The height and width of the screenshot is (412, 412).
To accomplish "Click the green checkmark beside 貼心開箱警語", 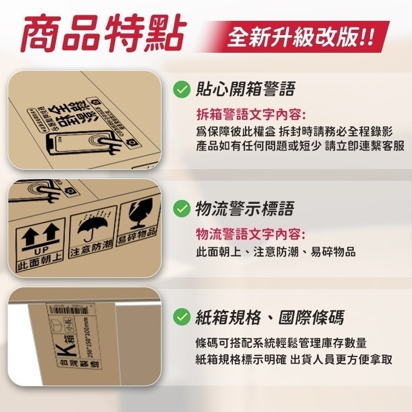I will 181,89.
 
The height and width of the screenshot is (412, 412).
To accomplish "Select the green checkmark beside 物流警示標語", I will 181,209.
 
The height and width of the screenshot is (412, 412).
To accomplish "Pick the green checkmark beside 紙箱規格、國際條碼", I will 181,318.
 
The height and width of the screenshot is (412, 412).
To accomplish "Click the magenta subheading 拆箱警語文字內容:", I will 251,115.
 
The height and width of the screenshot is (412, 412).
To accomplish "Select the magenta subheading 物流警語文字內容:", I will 251,235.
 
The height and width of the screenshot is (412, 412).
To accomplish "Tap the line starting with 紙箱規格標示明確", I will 294,360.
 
